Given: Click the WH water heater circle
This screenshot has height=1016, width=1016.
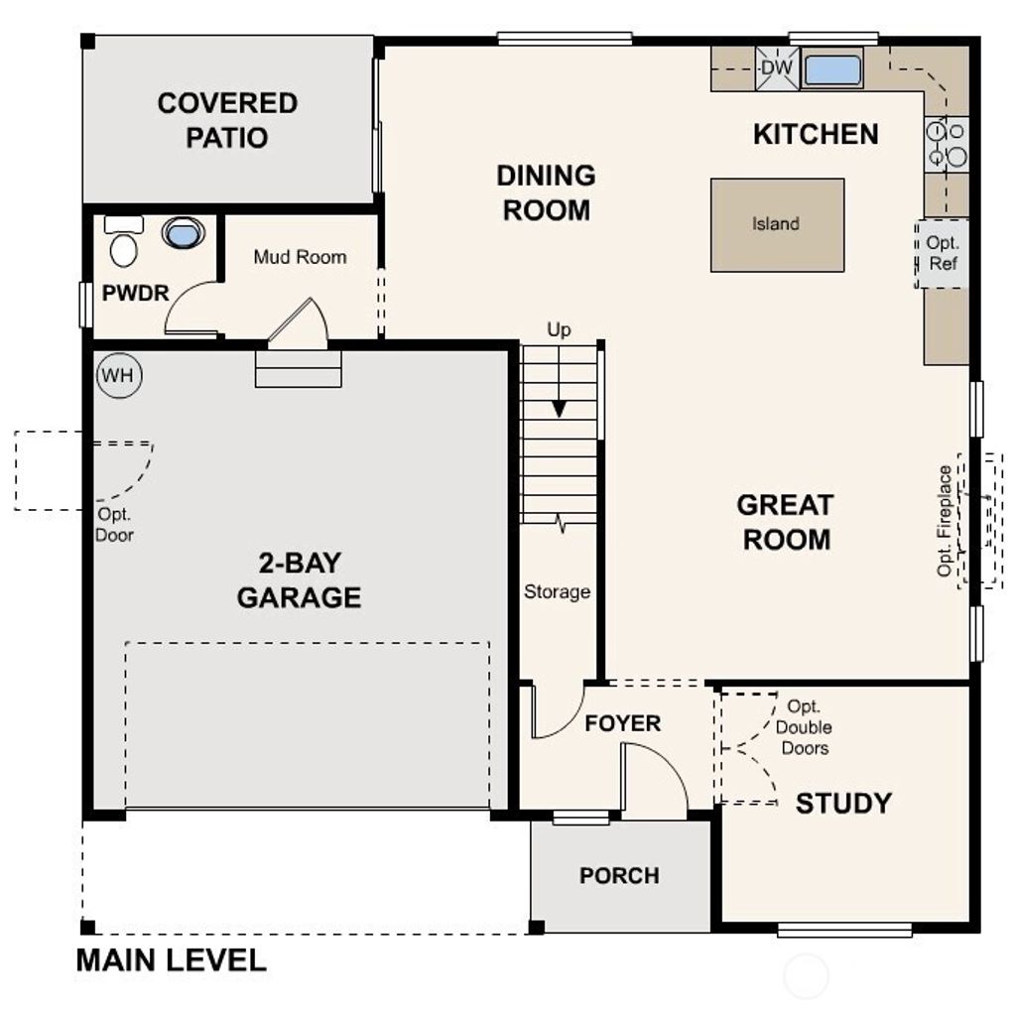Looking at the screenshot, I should coord(119,376).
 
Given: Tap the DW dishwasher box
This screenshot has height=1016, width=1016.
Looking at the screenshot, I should coord(777,68).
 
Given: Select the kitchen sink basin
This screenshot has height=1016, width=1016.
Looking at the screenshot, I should coord(831,70).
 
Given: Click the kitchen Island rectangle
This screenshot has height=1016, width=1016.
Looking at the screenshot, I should coord(777,224).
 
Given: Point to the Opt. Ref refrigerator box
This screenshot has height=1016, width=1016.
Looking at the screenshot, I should coord(942,254).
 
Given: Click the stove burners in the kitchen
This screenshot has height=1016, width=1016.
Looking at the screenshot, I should coord(946,143).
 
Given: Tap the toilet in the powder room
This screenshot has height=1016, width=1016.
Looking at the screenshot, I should coord(124,242).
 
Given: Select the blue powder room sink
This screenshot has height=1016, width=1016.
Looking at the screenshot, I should coord(183,233).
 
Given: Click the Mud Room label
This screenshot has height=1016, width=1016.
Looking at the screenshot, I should coord(300,257).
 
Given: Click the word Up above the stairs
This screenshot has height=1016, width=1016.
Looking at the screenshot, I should coord(560,330).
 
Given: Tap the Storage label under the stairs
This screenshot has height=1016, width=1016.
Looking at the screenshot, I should coord(557,592).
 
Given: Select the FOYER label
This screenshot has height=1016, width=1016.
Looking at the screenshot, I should coord(622,723).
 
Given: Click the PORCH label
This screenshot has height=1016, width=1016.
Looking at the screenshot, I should coord(619,876).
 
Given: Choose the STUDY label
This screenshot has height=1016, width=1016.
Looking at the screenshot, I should coord(843,803).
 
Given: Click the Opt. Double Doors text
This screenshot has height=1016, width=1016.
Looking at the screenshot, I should coord(804,727).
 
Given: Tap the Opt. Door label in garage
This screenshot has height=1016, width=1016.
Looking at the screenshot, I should coord(115,525).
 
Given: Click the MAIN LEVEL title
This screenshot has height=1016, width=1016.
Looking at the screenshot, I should coord(172,960).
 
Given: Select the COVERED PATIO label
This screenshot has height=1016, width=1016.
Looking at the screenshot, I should coord(227,120).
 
